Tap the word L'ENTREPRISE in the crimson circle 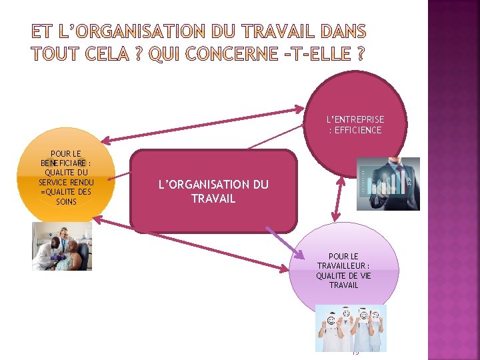click(x=355, y=119)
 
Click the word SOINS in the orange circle click(x=66, y=202)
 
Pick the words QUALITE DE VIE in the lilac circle click(x=343, y=276)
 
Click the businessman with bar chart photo click(x=388, y=184)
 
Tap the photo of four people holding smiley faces click(x=351, y=328)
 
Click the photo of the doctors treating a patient click(x=62, y=246)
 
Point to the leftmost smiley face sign click(x=331, y=321)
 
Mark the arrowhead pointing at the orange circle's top click(x=107, y=139)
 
